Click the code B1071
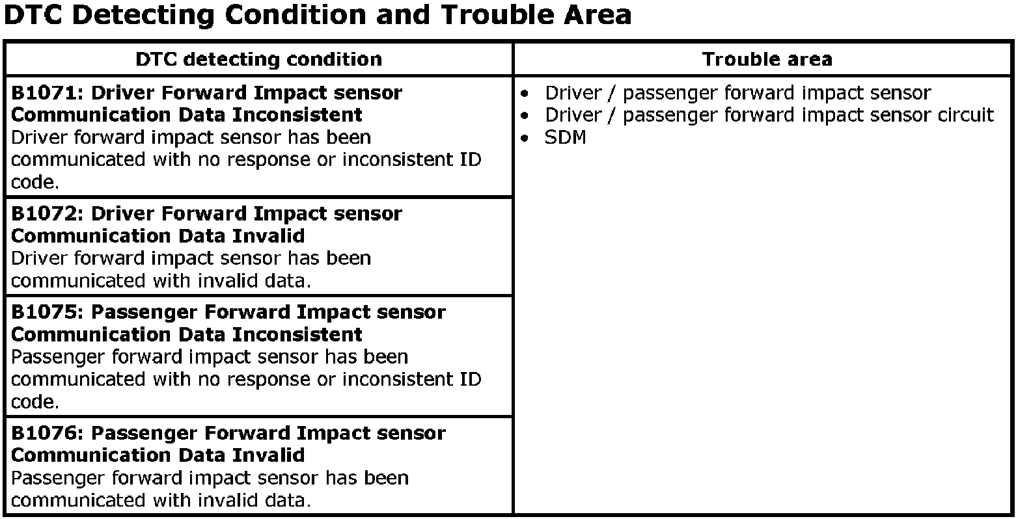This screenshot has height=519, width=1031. [x=44, y=93]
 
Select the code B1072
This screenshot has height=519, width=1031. [x=44, y=214]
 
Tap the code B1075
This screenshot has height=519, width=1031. [x=44, y=312]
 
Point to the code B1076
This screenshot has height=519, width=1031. [x=44, y=433]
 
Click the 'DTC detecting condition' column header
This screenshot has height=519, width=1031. [x=258, y=60]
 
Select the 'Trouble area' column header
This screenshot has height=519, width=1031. [x=767, y=60]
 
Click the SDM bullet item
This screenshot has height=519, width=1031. [x=565, y=138]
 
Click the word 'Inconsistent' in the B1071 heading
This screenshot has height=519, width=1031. [x=297, y=115]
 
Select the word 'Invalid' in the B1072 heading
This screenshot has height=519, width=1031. [x=268, y=236]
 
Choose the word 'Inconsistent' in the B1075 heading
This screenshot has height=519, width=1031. [x=297, y=335]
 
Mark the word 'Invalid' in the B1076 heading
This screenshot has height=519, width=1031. [x=268, y=455]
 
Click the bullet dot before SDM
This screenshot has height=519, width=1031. [x=524, y=138]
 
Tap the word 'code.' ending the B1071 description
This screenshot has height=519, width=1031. [x=35, y=183]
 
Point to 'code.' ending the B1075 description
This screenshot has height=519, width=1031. [x=35, y=403]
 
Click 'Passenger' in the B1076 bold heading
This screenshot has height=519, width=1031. [x=145, y=434]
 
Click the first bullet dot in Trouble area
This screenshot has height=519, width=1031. [x=524, y=94]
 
